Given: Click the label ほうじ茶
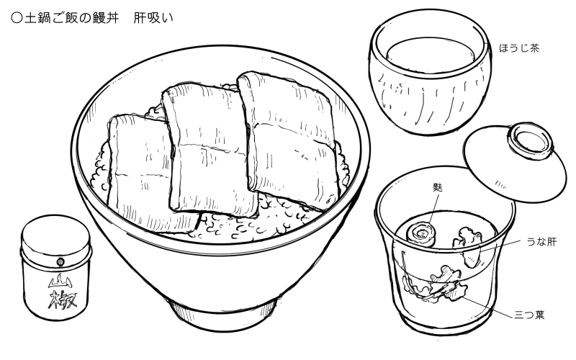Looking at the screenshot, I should pyautogui.click(x=519, y=49).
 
